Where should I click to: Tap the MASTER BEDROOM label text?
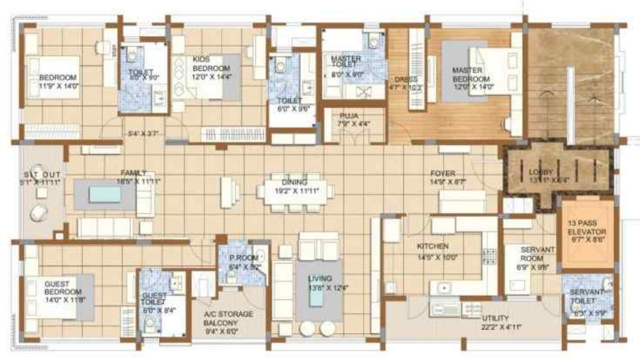(470, 74)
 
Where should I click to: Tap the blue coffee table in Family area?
(105, 194)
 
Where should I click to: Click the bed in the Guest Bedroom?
(55, 297)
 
